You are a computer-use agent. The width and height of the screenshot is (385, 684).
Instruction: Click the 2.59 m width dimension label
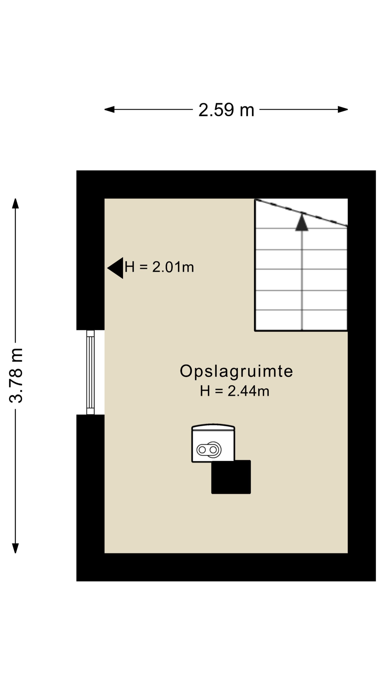226,110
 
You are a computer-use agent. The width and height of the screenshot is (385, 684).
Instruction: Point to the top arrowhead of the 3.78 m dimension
15,204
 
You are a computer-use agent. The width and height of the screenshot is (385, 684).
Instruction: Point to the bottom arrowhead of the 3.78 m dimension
15,548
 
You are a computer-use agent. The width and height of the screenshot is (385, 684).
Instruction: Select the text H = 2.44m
235,391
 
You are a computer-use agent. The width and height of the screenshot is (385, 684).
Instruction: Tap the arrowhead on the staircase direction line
302,223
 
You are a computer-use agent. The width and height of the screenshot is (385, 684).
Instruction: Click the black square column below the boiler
231,477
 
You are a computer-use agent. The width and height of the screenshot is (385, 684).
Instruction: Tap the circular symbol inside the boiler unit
209,450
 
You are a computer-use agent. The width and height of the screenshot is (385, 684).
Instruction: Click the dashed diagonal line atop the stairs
301,213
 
